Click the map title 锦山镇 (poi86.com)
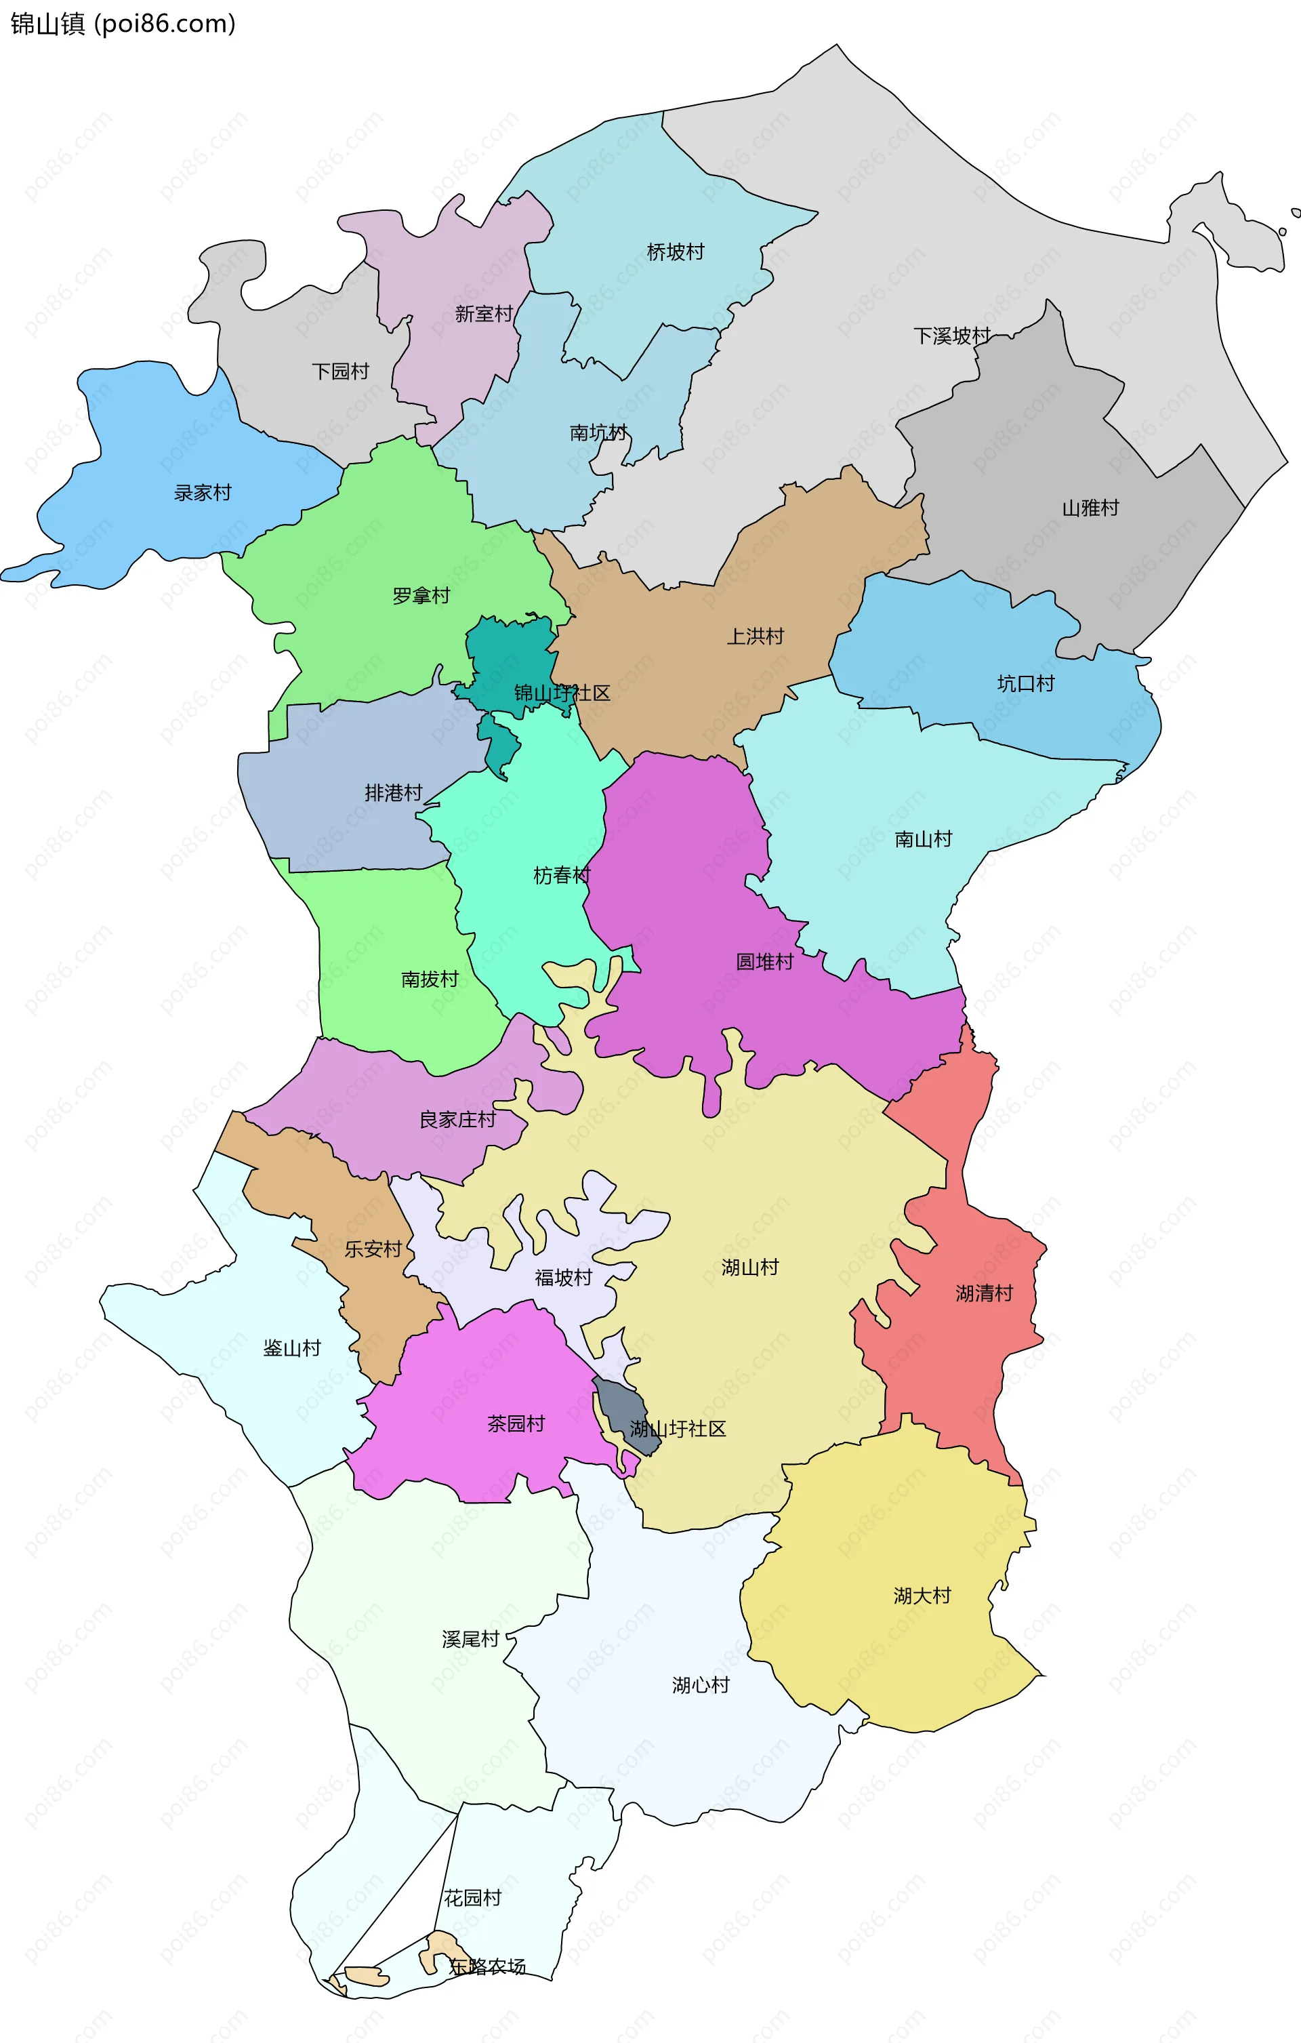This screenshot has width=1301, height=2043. (x=123, y=24)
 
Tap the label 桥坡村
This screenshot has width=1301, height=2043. (x=675, y=252)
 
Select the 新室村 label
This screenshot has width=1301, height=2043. (x=483, y=314)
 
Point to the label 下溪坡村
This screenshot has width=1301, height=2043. (x=951, y=336)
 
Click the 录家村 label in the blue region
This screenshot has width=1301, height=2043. (x=203, y=493)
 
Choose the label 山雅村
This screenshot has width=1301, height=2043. (x=1091, y=508)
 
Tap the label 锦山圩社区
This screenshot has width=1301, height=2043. (x=562, y=693)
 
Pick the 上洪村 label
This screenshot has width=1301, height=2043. (x=755, y=636)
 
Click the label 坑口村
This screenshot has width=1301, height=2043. (x=1025, y=684)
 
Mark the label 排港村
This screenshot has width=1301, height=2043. (x=394, y=793)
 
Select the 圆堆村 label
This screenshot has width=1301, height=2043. (x=764, y=961)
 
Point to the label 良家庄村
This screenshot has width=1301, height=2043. (x=457, y=1120)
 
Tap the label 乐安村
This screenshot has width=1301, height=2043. (x=372, y=1249)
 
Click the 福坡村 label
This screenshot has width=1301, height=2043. (x=563, y=1278)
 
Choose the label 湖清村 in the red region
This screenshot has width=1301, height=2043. (x=984, y=1294)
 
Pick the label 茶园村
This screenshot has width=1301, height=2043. (x=516, y=1423)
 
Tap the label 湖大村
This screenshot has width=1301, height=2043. (x=922, y=1596)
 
